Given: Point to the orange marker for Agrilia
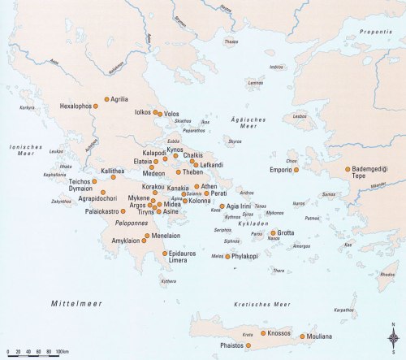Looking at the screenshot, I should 106,99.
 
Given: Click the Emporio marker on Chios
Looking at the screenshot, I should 296,170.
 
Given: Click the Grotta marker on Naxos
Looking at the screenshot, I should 273,233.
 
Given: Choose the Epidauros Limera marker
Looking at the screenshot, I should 166,254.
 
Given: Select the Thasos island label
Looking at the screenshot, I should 231,41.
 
